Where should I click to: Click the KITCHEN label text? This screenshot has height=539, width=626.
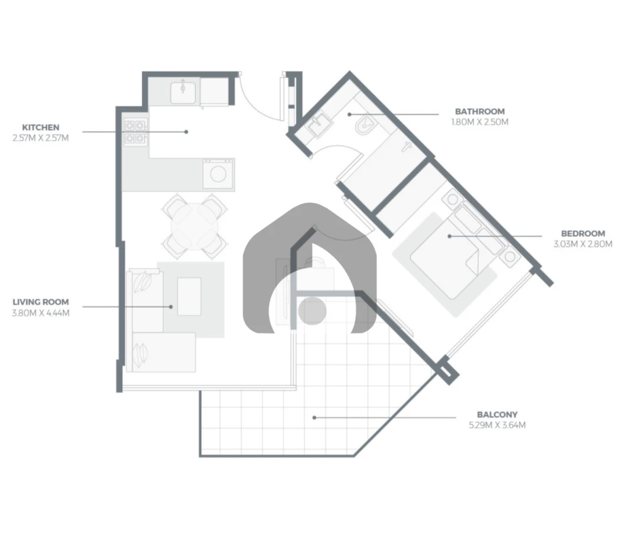click(x=41, y=127)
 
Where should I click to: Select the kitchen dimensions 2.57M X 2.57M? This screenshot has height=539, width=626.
click(x=41, y=138)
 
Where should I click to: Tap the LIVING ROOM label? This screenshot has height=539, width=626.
click(x=41, y=302)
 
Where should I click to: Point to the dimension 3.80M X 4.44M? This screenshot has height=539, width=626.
click(x=41, y=313)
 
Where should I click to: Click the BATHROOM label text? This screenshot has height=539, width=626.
click(x=480, y=111)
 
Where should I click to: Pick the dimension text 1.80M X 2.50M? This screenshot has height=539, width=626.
click(x=480, y=122)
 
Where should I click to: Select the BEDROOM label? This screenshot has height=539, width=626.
click(x=583, y=233)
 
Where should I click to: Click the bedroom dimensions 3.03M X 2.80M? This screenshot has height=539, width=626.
click(x=583, y=244)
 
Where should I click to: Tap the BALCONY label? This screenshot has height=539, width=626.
click(x=497, y=414)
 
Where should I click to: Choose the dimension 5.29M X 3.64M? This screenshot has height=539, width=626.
click(x=497, y=425)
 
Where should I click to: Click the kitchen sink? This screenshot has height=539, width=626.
click(x=183, y=92)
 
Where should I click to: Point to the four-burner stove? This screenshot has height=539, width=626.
click(x=135, y=132)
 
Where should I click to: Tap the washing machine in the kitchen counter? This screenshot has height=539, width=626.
click(x=218, y=174)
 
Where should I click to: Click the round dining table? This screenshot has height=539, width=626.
click(x=195, y=226)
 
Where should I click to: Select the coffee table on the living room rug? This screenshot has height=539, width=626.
click(x=190, y=297)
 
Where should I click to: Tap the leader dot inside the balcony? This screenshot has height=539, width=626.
click(x=314, y=417)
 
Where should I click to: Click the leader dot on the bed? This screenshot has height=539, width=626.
click(x=449, y=236)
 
